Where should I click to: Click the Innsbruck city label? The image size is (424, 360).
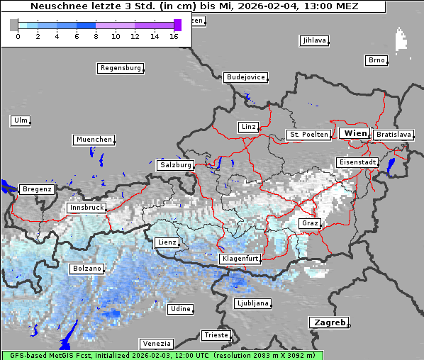click(x=87, y=208)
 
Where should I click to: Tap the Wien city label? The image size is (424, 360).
click(x=355, y=133)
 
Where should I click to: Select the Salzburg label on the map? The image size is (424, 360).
click(x=176, y=164)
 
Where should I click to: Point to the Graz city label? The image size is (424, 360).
click(x=310, y=223)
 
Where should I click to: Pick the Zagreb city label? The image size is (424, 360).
click(x=328, y=322)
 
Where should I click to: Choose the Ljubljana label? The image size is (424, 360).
click(x=252, y=303)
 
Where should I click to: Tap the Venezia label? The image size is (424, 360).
click(x=155, y=343)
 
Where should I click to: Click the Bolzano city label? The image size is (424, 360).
click(x=87, y=269)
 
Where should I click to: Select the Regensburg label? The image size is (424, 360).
click(x=120, y=68)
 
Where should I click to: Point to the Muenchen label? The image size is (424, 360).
click(x=94, y=140)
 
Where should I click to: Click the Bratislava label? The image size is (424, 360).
click(x=394, y=134)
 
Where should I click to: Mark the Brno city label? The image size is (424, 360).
click(x=376, y=60)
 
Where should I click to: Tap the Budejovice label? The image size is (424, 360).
click(x=245, y=77)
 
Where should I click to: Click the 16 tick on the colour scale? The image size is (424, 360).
click(x=174, y=36)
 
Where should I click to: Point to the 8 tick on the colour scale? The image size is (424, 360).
click(x=96, y=36)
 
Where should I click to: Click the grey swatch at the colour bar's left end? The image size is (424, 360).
click(x=14, y=25)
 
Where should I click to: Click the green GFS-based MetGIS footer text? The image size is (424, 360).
click(x=162, y=355)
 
